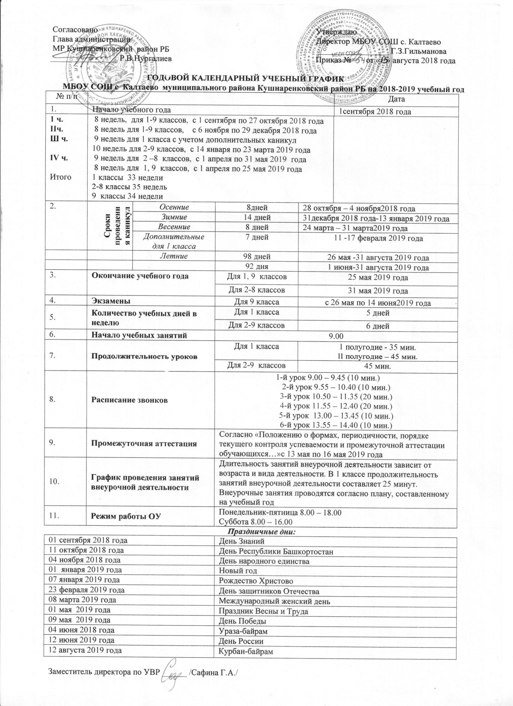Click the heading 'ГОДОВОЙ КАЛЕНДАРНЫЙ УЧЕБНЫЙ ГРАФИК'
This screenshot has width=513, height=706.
[x=246, y=79]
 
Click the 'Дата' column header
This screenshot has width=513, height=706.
[x=396, y=99]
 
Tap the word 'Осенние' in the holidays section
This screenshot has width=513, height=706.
[x=173, y=207]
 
